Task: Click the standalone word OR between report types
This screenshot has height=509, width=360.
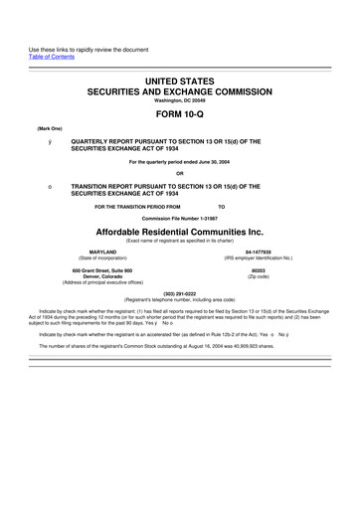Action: tap(179, 177)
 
